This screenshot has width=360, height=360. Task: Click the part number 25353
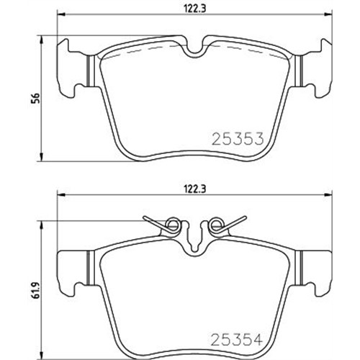238,139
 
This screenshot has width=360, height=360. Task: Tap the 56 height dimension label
36,98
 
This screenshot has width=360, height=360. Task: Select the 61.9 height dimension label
36,289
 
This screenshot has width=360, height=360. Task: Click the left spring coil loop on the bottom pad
172,225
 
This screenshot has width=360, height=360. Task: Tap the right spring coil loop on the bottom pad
216,225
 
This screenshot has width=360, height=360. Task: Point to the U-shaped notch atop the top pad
194,52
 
